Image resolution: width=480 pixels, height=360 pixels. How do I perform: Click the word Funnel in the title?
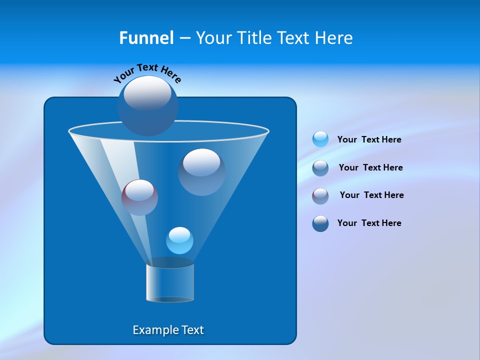[146, 38]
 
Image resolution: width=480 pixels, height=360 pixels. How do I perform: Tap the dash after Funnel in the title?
[184, 38]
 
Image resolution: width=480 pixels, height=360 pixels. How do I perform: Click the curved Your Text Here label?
[147, 73]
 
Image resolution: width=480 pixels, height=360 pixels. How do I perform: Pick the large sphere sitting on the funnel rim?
[147, 105]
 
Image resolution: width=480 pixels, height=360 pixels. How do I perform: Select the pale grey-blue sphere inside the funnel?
[201, 171]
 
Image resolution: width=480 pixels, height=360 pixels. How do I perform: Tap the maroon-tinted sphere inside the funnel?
[139, 197]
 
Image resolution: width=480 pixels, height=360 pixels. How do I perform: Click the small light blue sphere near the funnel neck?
[179, 240]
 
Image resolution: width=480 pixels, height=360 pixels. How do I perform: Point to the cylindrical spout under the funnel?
[170, 282]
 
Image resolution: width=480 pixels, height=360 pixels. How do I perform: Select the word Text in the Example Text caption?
[192, 330]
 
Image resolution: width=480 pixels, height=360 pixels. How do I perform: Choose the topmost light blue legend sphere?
[320, 139]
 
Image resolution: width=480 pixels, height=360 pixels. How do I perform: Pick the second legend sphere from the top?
[320, 168]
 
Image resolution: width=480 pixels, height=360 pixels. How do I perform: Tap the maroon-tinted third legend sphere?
[320, 196]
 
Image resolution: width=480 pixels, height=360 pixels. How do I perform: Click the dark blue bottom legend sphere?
[320, 223]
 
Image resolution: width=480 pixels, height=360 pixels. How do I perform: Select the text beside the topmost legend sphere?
[369, 139]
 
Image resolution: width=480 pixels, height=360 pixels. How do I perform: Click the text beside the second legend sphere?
[370, 167]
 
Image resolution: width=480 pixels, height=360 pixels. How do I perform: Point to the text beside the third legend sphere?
[371, 195]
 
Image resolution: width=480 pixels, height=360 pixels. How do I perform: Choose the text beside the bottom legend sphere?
[369, 223]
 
